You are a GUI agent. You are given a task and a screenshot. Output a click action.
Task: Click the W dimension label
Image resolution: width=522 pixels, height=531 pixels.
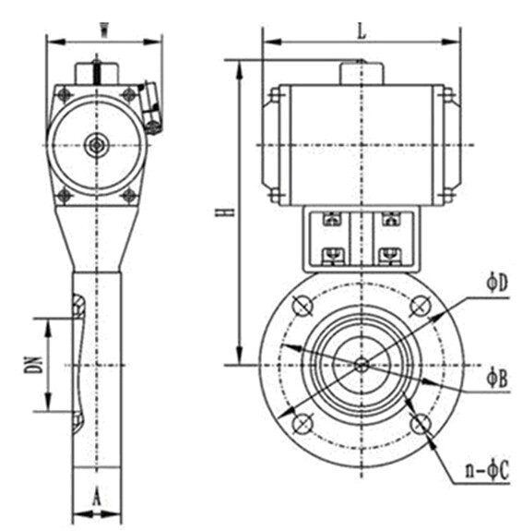point(104,30)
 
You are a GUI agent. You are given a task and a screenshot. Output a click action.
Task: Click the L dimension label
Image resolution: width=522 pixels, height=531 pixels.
point(362,31)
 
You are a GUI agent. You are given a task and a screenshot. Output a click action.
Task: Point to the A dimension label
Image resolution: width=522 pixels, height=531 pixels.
point(97,497)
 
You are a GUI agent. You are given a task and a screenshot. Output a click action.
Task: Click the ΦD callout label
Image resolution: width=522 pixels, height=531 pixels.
point(497,284)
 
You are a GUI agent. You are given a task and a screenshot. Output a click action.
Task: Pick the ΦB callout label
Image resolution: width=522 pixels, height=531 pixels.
point(497,379)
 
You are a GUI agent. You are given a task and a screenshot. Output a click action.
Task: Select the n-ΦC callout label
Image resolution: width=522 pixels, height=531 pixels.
point(487,470)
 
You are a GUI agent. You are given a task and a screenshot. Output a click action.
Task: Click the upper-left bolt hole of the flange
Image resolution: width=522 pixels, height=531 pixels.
point(303,306)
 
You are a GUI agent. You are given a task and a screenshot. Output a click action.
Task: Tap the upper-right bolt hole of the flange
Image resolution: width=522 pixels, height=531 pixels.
point(421,306)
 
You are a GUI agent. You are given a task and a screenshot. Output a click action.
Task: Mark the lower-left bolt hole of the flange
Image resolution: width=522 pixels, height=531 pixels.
point(303,424)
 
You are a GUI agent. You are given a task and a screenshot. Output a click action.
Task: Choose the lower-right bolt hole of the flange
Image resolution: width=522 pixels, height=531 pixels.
point(421,424)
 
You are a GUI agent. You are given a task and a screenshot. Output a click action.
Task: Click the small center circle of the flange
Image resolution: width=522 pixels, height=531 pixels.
point(362,365)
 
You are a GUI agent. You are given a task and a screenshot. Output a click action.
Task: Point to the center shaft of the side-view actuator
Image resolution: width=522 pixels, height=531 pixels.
point(97,145)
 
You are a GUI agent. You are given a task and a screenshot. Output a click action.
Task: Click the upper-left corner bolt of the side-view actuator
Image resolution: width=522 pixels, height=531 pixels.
point(65,95)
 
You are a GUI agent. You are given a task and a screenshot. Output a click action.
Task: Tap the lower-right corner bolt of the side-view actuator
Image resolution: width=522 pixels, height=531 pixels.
point(129,196)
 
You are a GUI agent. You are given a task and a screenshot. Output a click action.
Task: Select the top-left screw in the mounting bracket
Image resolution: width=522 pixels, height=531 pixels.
point(333,219)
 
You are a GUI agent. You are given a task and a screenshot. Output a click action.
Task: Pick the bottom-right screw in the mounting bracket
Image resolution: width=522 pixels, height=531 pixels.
point(391,255)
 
